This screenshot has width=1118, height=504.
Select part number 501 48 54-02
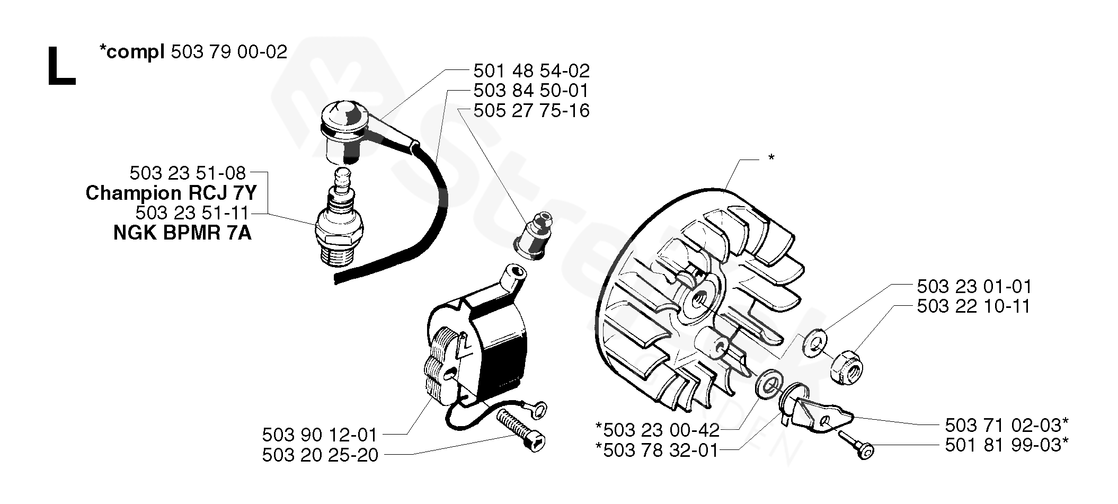[531, 70]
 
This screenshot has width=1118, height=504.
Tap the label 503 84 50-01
[531, 91]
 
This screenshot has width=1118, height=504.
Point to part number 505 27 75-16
[531, 111]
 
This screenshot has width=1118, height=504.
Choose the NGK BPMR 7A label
[182, 233]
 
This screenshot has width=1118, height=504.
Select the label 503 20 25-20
[320, 455]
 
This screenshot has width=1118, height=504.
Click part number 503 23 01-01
[974, 287]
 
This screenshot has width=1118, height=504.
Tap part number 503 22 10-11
[974, 306]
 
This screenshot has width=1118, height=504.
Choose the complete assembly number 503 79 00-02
[229, 52]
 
